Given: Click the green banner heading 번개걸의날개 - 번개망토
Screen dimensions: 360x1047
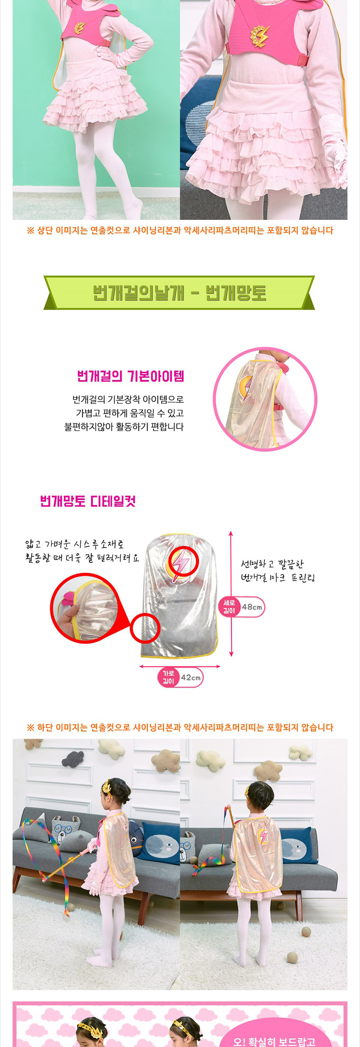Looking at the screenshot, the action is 179,293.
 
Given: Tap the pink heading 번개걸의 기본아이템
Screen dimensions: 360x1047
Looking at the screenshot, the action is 131,376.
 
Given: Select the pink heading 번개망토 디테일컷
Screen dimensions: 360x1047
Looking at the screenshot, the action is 88,501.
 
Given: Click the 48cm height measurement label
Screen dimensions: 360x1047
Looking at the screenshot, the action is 252,607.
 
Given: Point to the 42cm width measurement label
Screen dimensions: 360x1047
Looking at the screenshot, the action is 191,678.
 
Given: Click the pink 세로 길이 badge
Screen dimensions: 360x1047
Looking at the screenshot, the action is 229,607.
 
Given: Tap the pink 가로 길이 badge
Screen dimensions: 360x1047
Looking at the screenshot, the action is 168,678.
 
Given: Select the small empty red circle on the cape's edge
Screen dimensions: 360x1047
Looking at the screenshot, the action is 145,628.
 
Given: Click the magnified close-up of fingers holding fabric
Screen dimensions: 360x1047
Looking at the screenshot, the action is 84,609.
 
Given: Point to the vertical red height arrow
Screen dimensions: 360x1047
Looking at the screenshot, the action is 231,594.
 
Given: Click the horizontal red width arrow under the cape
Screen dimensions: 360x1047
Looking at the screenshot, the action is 180,666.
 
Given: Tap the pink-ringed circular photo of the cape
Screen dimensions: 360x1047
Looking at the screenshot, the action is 265,399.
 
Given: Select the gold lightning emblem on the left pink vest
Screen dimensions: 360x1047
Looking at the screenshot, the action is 80,28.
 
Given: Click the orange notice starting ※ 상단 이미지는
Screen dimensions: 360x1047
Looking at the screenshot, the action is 180,230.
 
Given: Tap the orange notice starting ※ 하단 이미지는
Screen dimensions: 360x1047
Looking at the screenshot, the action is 180,727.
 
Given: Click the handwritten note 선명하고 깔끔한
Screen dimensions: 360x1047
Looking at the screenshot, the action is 272,564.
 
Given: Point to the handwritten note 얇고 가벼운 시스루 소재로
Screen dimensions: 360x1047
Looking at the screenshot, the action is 74,544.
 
